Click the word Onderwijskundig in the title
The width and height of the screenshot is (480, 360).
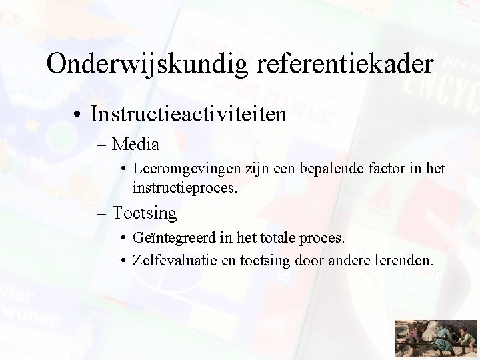(x=143, y=65)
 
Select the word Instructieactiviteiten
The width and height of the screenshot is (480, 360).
(x=189, y=114)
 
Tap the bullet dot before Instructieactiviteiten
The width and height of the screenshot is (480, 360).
(x=79, y=114)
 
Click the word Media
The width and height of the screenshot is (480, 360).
(x=137, y=143)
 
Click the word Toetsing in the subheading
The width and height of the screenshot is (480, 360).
(x=145, y=213)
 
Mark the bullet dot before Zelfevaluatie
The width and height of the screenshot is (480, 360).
(x=125, y=259)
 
